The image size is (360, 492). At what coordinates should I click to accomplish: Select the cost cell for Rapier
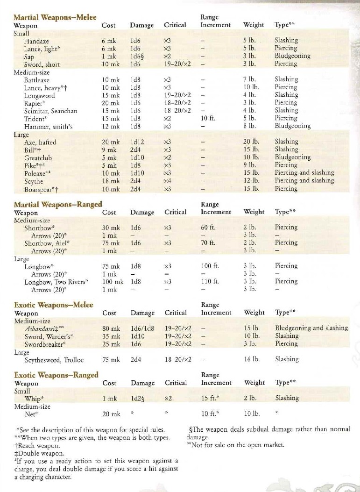click(x=111, y=103)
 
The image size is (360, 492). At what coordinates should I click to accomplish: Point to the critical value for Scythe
click(x=169, y=181)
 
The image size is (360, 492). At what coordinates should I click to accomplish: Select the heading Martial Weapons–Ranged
click(x=58, y=204)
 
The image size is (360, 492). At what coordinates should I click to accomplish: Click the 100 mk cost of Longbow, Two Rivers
click(x=113, y=282)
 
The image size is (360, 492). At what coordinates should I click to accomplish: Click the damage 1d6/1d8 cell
click(x=143, y=328)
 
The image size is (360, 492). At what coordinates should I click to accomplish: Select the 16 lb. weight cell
click(x=252, y=359)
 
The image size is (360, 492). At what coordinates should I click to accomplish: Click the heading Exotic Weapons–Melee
click(x=54, y=305)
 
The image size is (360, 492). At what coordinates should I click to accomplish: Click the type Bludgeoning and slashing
click(x=311, y=328)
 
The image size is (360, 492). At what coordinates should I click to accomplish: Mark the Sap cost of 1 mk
click(x=109, y=56)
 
